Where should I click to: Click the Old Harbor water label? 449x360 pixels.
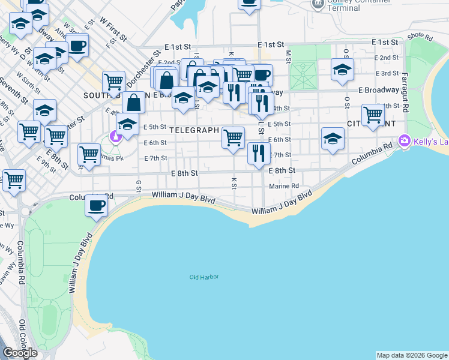[x=204, y=277]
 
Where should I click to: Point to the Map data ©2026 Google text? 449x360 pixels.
[x=411, y=355]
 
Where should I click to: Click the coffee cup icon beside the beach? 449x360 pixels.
[x=96, y=205]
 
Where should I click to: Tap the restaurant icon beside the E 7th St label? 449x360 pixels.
[x=259, y=152]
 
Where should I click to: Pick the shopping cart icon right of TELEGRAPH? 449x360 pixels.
[x=233, y=137]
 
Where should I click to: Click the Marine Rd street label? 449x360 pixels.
[x=284, y=186]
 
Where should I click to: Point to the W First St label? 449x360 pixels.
[x=113, y=29]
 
